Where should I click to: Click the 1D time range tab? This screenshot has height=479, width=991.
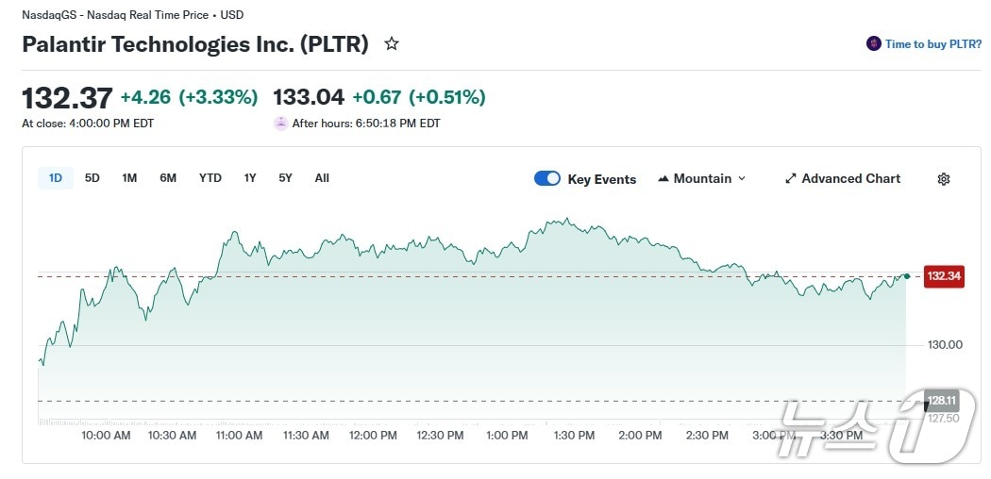(x=56, y=178)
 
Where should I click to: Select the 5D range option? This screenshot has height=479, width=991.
(x=92, y=178)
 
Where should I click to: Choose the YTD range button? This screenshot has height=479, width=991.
(x=210, y=178)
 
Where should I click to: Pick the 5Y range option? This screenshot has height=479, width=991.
(x=285, y=178)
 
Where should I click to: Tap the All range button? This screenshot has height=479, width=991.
(x=322, y=178)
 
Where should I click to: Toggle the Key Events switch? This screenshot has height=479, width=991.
(x=547, y=178)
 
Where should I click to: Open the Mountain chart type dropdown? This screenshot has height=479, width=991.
(x=701, y=178)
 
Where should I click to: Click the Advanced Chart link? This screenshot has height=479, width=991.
(x=843, y=178)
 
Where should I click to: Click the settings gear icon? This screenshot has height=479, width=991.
(x=944, y=179)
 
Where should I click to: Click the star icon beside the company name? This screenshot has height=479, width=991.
(x=392, y=43)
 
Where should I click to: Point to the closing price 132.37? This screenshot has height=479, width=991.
(x=67, y=97)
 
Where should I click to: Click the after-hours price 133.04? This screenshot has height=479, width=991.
(x=309, y=97)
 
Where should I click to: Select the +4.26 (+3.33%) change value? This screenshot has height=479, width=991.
(x=189, y=97)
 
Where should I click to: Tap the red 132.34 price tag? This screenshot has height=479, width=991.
(x=944, y=276)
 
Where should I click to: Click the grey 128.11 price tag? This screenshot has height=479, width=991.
(x=942, y=399)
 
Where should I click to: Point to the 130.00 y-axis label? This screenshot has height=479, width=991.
(x=945, y=345)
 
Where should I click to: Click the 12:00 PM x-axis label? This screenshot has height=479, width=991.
(x=373, y=436)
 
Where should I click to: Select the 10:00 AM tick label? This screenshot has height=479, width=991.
(x=106, y=436)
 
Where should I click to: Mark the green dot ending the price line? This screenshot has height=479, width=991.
(x=907, y=276)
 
